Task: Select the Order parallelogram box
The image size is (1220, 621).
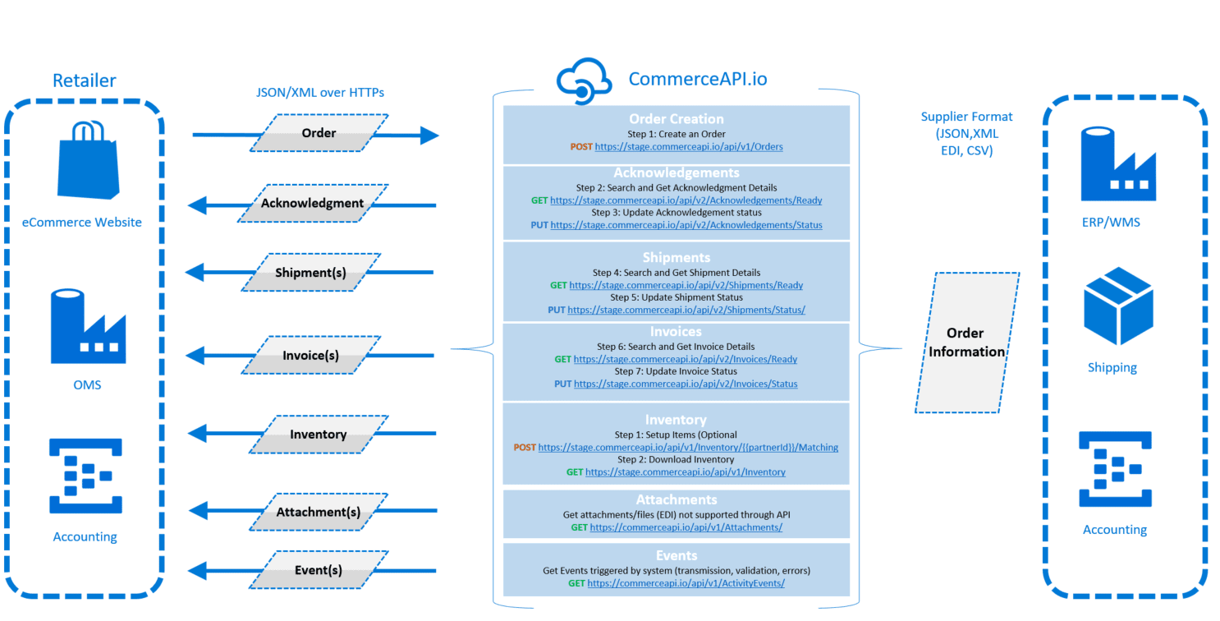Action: point(319,133)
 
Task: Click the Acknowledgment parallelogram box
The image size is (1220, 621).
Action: point(312,203)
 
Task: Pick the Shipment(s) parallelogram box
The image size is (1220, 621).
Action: point(310,272)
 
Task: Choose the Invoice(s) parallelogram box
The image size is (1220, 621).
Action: point(310,356)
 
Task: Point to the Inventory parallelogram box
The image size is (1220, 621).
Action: point(318,434)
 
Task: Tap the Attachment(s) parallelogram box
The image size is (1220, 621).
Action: point(318,512)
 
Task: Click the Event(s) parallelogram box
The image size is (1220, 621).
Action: point(318,570)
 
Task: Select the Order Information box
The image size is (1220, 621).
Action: point(966,343)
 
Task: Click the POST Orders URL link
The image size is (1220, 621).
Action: point(688,147)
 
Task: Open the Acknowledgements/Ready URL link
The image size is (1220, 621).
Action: point(686,200)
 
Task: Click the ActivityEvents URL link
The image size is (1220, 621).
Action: point(686,583)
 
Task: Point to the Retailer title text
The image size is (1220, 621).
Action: point(85,80)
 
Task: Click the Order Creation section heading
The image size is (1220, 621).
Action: point(676,119)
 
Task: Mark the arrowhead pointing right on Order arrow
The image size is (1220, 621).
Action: point(429,136)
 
